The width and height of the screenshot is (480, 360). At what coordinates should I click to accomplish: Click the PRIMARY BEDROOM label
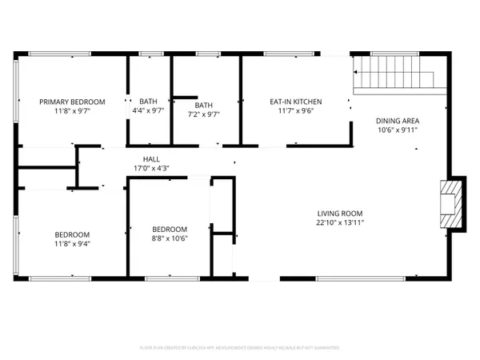click(73, 102)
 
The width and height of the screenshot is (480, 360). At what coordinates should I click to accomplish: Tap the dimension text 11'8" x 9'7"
click(73, 113)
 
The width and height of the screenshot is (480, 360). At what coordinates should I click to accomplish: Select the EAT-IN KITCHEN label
click(295, 102)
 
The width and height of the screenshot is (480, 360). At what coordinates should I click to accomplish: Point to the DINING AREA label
click(398, 122)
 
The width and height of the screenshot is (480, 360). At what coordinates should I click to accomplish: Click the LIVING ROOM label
click(340, 214)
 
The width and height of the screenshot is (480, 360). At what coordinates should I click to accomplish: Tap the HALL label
click(151, 158)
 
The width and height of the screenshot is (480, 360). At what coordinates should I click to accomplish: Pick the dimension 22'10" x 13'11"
click(340, 225)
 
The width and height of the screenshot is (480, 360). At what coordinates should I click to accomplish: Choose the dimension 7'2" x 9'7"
click(203, 115)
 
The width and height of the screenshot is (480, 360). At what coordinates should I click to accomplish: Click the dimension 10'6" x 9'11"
click(398, 130)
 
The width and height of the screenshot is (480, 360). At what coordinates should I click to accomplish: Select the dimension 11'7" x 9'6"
click(295, 113)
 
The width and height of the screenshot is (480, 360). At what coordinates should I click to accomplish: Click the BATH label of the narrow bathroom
click(149, 102)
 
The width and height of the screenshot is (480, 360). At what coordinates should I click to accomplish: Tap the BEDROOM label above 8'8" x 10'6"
click(170, 228)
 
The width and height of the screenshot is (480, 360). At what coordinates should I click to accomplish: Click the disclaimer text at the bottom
click(240, 348)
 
